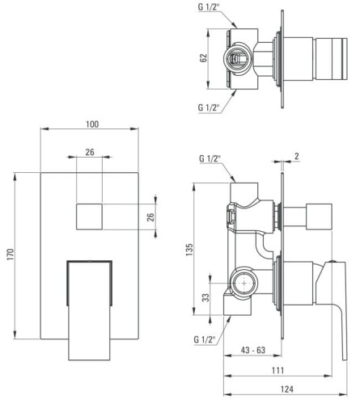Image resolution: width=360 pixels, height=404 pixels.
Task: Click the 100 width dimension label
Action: (x=92, y=124)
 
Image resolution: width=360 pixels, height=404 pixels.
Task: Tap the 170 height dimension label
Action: (x=10, y=255)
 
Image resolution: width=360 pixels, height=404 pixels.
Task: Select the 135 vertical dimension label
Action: (x=189, y=250)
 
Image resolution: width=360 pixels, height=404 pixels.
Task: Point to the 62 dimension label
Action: (x=203, y=58)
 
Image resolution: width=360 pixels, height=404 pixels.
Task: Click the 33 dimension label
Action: (x=205, y=297)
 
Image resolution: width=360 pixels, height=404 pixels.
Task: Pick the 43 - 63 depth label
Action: (x=253, y=350)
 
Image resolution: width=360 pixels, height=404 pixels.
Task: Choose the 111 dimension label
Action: (x=277, y=370)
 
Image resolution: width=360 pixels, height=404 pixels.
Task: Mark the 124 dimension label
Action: (x=287, y=389)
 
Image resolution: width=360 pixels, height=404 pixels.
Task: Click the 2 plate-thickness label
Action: (x=297, y=156)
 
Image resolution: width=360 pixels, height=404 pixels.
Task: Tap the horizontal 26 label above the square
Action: (x=90, y=152)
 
